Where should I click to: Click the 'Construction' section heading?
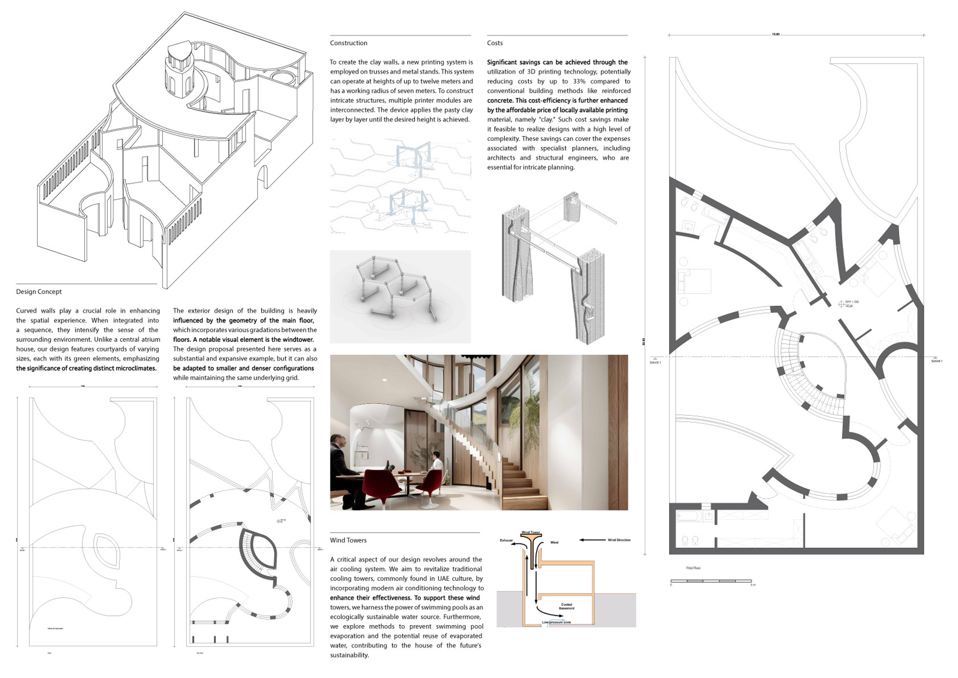coord(349,43)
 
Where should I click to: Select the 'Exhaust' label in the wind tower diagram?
coord(506,540)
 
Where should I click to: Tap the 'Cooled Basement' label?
coord(566,606)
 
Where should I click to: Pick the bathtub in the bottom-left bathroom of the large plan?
coord(689,516)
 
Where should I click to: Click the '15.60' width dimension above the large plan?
coord(775,34)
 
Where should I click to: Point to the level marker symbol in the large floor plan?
coord(841,304)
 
